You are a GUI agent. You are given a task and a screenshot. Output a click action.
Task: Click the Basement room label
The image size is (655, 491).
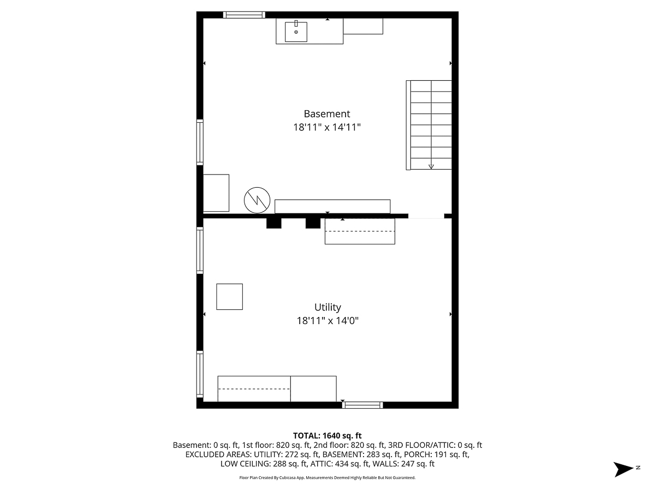(x=327, y=113)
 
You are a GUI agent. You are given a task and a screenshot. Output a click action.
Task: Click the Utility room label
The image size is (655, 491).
(x=327, y=307)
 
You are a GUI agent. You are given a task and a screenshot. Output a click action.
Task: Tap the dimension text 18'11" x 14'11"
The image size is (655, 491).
(x=327, y=127)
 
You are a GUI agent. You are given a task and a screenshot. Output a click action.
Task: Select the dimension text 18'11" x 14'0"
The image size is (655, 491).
(x=327, y=321)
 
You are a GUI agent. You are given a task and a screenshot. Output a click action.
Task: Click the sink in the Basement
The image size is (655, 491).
(x=296, y=32)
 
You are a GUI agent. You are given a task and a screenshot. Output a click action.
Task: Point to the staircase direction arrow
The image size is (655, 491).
(x=431, y=165)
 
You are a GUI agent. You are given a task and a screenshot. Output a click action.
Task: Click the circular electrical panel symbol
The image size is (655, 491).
(x=257, y=200)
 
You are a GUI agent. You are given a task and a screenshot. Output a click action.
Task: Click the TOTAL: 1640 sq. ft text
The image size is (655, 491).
(x=327, y=435)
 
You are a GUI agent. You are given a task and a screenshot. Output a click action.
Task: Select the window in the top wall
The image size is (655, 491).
(x=244, y=15)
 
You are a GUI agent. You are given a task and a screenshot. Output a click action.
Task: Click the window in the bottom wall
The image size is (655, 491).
(x=362, y=405)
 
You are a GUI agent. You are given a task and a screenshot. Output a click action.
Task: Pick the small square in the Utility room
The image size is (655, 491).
(x=229, y=297)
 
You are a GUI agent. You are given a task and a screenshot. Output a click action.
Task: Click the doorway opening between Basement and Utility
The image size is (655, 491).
(x=426, y=216)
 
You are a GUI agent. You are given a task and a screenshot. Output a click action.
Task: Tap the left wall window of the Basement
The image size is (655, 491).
(x=200, y=142)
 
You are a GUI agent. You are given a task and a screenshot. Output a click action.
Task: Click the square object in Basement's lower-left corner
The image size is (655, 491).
(x=216, y=193)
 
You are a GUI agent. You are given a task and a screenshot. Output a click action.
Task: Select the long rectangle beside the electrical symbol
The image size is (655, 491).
(x=332, y=206)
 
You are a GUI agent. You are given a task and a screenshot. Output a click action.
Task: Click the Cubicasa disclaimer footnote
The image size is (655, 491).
(x=327, y=478)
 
